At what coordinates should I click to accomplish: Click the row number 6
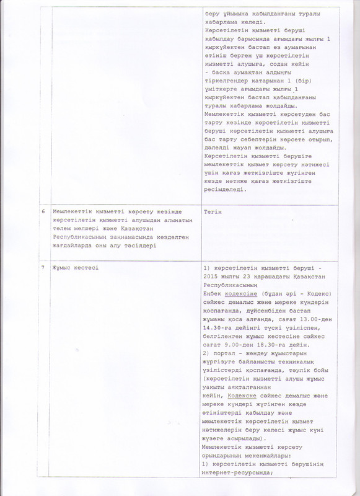click(42, 212)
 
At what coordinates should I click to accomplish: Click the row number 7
click(42, 267)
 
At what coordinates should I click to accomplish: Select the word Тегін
click(212, 212)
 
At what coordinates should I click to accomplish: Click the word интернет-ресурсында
click(237, 474)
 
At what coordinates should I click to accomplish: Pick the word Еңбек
click(212, 293)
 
